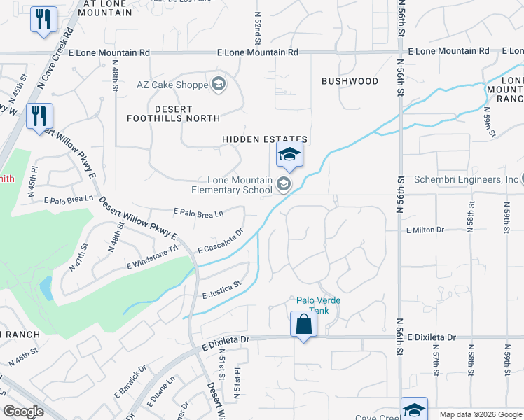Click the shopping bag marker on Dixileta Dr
(303, 325)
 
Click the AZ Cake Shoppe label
(172, 85)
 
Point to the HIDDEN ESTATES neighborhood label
(265, 140)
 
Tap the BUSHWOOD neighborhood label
(350, 81)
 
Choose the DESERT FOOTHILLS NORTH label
(173, 113)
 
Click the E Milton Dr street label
(425, 230)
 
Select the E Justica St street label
(221, 289)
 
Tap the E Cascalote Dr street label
(220, 241)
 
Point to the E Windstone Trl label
(153, 258)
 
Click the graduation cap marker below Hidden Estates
(289, 155)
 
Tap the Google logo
(24, 412)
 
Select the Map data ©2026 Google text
(481, 414)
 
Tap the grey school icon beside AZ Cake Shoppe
(218, 85)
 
